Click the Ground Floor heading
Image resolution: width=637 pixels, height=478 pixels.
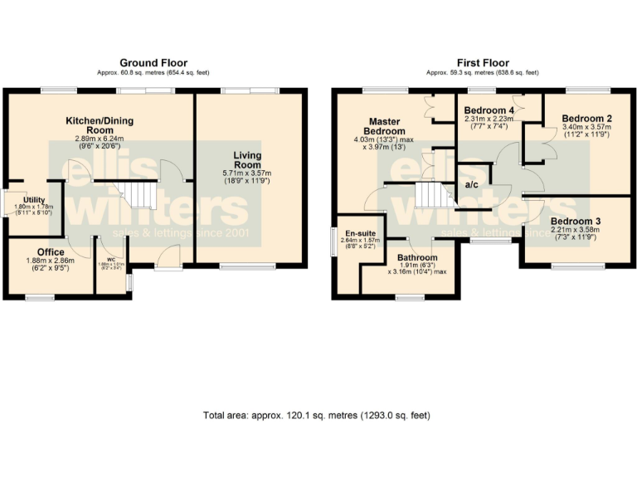(153, 63)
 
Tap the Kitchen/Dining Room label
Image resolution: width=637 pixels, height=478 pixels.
(100, 125)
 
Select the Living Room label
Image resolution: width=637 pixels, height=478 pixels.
(247, 159)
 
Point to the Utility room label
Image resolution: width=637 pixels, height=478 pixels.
(34, 200)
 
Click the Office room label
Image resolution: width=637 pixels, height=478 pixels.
(50, 251)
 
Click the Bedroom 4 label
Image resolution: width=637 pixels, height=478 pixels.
(489, 110)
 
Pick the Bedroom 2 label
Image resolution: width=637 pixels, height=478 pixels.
(581, 118)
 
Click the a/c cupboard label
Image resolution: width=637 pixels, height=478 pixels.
(471, 184)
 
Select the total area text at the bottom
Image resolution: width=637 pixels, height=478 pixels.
(317, 415)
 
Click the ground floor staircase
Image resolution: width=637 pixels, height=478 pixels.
(140, 197)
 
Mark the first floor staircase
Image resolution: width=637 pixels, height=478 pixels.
(430, 196)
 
